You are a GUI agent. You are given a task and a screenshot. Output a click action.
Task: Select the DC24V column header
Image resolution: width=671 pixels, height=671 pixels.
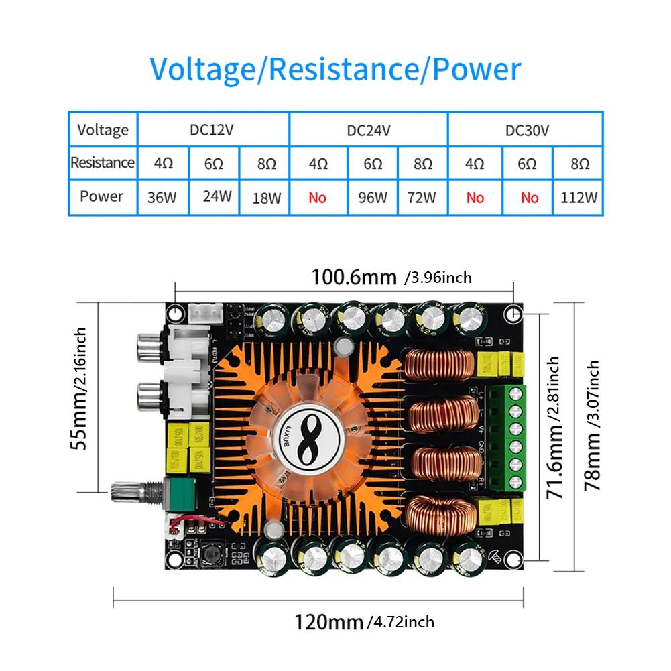click(x=368, y=130)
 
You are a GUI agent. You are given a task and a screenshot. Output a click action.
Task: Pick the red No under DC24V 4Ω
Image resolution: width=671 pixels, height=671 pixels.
click(x=318, y=198)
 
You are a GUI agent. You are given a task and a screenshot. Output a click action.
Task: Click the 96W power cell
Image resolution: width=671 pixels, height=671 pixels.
click(x=373, y=197)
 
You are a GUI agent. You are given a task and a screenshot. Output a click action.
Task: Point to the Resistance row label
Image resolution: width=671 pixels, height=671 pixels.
click(x=103, y=162)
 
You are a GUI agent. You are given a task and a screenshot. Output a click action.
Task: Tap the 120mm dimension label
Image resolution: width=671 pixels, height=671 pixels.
click(x=330, y=621)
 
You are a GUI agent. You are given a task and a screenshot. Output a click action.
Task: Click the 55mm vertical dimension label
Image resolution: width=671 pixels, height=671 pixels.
click(x=80, y=388)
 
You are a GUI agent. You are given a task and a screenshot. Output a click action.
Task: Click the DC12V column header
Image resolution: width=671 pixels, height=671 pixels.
click(x=212, y=130)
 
